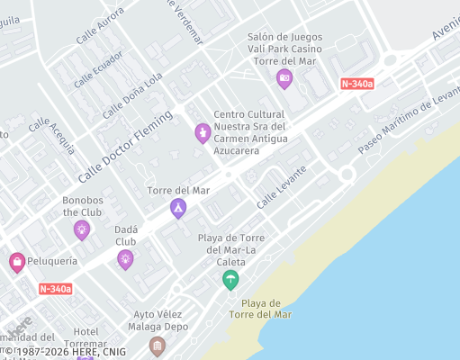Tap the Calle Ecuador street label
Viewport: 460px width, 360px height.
click(97, 70)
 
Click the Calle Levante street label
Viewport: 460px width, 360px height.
click(281, 187)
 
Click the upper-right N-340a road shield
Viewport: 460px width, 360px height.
click(357, 84)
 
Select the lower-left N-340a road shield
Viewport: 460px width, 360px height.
click(56, 289)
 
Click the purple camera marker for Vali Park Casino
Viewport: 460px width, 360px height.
click(284, 78)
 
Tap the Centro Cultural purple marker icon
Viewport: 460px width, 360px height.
click(203, 133)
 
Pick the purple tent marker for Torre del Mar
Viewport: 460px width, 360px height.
click(178, 209)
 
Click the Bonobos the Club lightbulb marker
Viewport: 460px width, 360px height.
click(82, 230)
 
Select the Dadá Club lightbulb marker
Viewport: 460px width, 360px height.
click(125, 260)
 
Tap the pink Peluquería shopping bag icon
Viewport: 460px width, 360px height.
click(16, 262)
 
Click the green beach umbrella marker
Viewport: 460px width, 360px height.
click(231, 280)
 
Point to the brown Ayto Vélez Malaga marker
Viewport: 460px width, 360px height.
click(158, 346)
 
